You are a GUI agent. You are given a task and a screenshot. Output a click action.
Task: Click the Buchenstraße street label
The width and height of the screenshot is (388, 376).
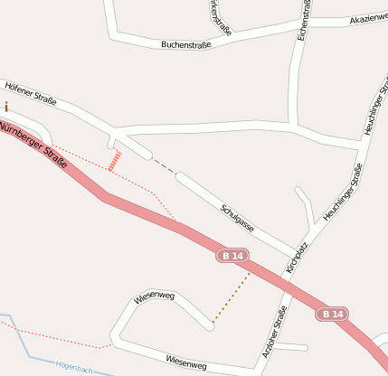[x=185, y=44]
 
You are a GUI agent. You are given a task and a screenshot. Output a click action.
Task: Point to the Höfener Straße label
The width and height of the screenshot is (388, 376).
[x=31, y=95]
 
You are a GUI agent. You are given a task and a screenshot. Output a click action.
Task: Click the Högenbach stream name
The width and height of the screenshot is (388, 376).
[x=75, y=366]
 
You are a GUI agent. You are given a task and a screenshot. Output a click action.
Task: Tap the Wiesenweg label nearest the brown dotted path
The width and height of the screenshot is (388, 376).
[x=154, y=296]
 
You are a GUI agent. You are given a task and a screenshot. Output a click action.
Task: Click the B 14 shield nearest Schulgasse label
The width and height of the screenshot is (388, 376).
[x=233, y=257]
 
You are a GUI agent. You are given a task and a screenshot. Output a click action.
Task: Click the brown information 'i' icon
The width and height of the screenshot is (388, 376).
[x=6, y=107]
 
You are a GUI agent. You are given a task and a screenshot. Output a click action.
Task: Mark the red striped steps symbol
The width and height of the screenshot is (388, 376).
[x=114, y=161]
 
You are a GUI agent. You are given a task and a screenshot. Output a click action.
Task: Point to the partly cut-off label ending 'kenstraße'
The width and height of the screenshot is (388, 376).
[x=220, y=18]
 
